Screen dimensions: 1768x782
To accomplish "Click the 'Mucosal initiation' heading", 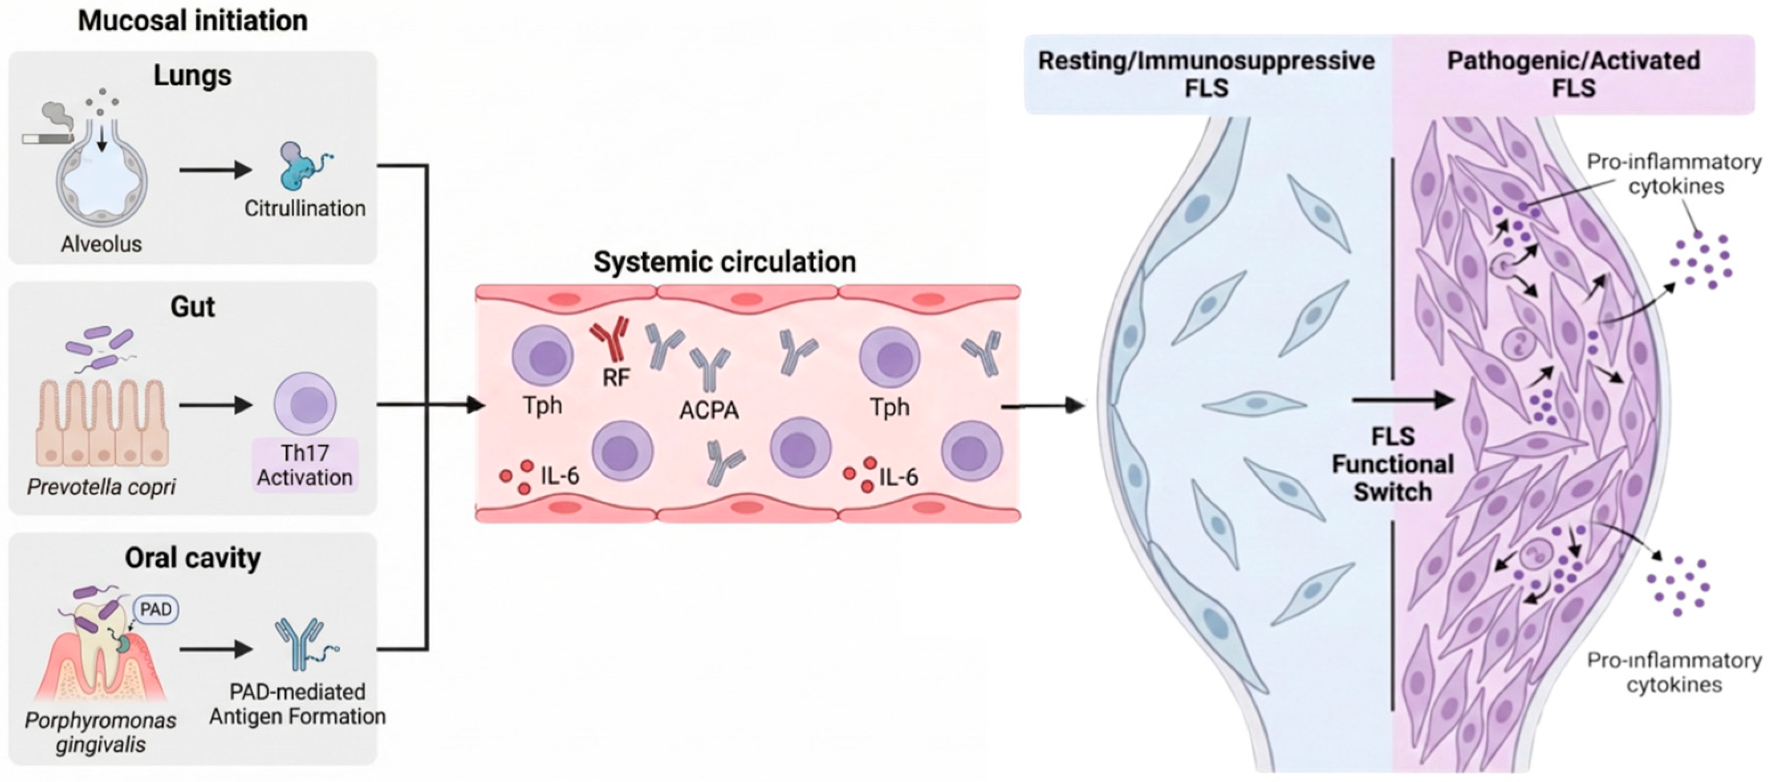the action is [x=192, y=21].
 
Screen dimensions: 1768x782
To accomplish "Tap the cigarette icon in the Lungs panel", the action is [x=47, y=139].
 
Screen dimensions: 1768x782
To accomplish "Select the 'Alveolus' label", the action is [x=101, y=244].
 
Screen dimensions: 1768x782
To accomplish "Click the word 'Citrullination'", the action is [x=304, y=208].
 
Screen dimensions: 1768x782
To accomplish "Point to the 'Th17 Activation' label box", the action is [x=304, y=465].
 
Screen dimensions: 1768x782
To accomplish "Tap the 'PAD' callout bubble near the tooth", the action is [x=156, y=609].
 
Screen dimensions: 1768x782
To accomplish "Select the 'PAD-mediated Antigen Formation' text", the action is [x=297, y=704].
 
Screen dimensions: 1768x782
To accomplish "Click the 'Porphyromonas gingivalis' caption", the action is [x=100, y=732].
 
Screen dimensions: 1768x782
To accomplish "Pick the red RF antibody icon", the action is [x=609, y=338].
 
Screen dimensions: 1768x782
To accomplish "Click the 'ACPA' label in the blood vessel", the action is [x=709, y=410].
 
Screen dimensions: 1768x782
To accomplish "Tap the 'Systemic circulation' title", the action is [x=725, y=262].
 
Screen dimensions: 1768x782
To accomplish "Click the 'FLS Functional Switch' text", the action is [x=1393, y=464].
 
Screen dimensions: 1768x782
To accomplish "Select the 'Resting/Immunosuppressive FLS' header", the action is [x=1206, y=74].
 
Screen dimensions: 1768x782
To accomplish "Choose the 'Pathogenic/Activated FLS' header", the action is [x=1574, y=74].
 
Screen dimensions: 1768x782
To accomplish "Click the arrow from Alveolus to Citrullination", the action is [x=216, y=169].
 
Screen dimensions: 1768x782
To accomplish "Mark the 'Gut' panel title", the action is [x=192, y=306].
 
